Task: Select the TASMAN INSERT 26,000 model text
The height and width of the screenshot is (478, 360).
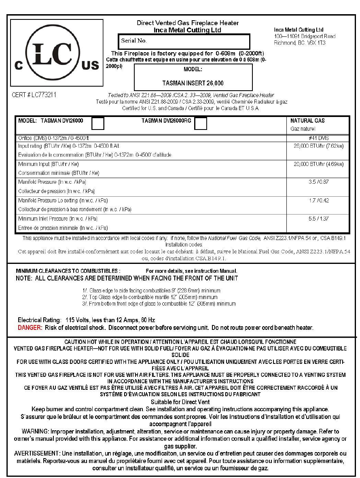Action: point(193,83)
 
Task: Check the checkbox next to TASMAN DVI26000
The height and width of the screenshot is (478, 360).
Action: point(98,123)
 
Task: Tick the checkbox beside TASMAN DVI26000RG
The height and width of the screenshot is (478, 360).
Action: point(201,123)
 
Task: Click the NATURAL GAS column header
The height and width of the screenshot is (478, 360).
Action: point(307,121)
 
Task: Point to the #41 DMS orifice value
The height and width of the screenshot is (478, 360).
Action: point(318,138)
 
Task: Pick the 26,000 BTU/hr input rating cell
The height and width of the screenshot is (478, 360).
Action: point(318,146)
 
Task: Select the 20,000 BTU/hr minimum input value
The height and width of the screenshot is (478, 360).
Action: point(318,164)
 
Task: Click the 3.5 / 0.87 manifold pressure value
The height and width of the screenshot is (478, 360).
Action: point(318,182)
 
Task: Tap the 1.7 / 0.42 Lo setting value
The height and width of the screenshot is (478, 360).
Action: point(318,200)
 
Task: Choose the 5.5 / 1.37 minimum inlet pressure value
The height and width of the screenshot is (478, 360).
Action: point(318,219)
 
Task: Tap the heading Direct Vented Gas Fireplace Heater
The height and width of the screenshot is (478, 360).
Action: point(188,23)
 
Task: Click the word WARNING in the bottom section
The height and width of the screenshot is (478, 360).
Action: point(34,431)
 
